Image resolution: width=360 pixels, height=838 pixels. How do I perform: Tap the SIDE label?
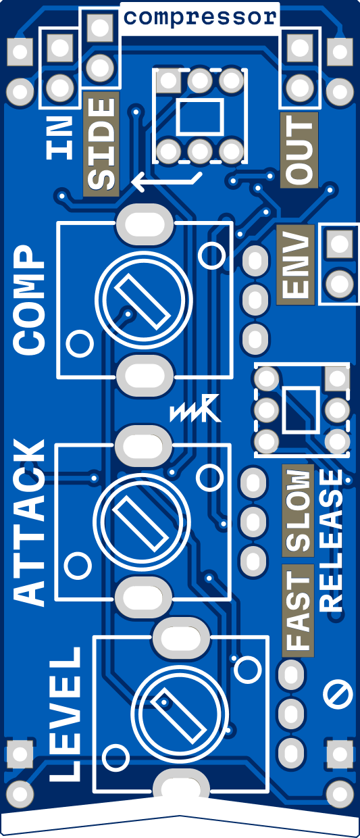(101, 144)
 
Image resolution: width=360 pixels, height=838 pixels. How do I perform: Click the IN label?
(60, 137)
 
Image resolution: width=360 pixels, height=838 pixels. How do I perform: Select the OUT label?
(299, 149)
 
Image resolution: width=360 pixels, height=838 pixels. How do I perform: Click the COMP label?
(29, 300)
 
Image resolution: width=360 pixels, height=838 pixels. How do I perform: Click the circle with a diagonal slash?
(337, 694)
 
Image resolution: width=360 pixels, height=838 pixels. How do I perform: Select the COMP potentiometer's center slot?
(143, 301)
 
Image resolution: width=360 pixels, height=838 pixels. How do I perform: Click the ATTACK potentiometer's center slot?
(141, 523)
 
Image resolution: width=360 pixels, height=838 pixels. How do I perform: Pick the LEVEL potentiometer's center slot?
(180, 717)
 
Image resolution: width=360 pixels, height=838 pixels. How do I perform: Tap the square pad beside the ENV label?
(340, 243)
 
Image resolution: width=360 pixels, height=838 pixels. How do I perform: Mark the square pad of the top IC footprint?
(169, 80)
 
